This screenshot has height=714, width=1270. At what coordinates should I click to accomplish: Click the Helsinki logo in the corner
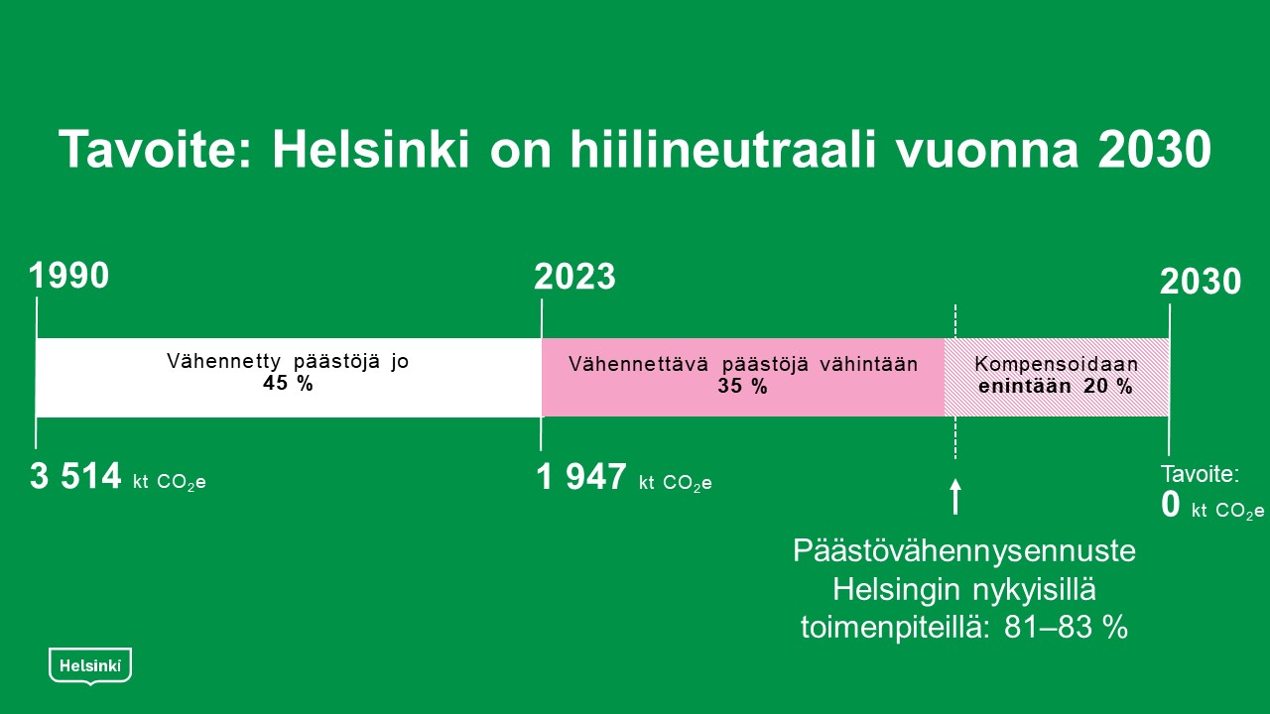[90, 666]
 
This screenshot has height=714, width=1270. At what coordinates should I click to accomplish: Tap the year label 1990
[68, 276]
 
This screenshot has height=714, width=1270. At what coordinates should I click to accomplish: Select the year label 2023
[574, 277]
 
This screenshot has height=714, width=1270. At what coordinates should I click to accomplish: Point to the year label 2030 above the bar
[1201, 282]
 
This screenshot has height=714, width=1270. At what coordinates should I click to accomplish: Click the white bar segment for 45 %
[289, 378]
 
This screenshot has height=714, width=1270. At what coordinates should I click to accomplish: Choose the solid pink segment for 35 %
[743, 378]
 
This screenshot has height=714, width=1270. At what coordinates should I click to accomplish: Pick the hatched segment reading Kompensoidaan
[1057, 378]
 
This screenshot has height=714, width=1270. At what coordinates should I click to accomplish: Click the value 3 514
[75, 476]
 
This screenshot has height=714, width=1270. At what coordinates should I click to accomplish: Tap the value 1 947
[581, 477]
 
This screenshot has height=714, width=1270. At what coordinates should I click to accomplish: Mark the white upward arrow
[955, 497]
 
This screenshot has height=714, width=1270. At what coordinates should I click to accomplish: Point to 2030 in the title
[1154, 150]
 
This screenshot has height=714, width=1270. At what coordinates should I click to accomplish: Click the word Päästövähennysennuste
[964, 550]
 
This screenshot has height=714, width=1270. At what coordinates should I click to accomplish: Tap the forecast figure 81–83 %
[1066, 628]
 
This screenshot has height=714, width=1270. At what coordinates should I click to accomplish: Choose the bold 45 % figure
[288, 384]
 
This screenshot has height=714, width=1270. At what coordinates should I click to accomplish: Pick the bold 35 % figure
[743, 387]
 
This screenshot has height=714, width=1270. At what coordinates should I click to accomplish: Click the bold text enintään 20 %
[1056, 387]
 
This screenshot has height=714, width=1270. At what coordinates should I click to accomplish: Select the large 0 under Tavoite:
[1170, 505]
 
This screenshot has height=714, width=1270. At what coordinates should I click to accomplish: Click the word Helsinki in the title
[371, 150]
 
